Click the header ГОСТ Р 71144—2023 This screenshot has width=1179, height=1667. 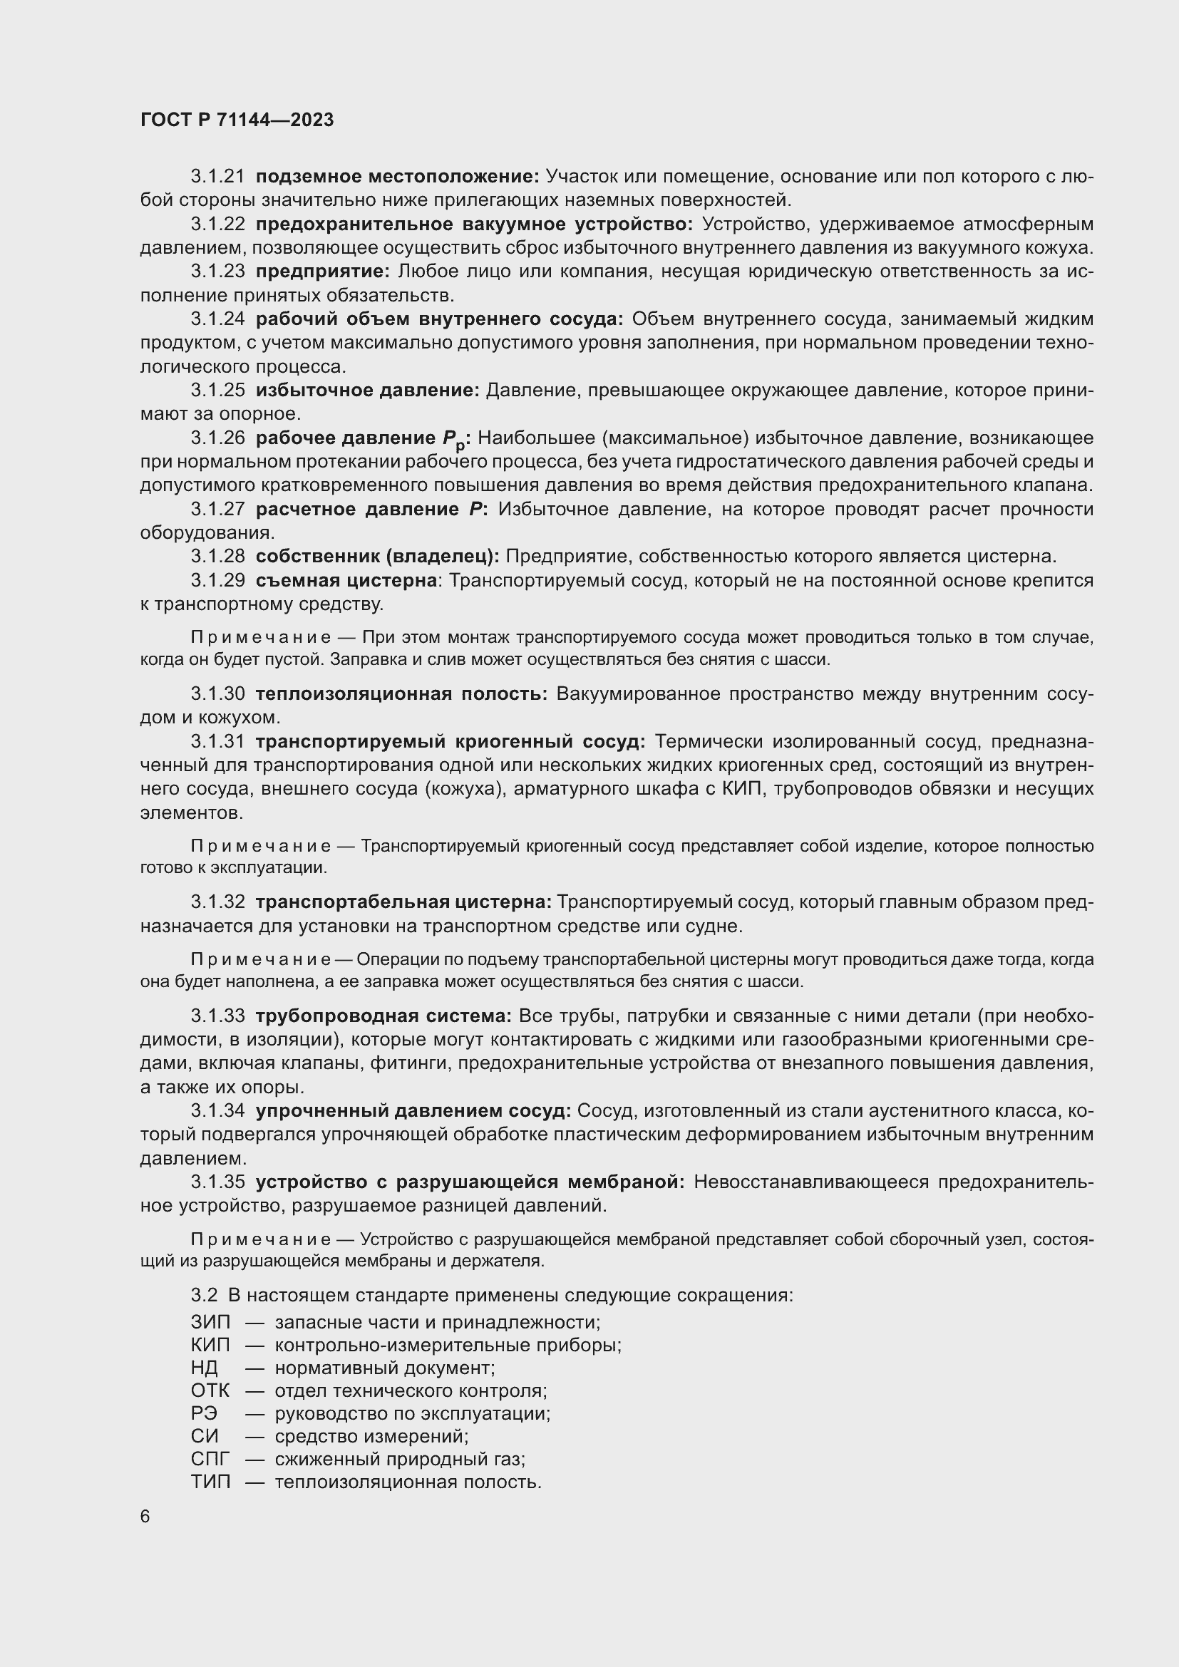pyautogui.click(x=237, y=120)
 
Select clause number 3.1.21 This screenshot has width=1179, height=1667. pyautogui.click(x=218, y=177)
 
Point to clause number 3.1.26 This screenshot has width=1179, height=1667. pyautogui.click(x=218, y=438)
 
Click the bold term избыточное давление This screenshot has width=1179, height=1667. pyautogui.click(x=367, y=391)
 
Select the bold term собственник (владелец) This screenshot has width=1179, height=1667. pyautogui.click(x=378, y=556)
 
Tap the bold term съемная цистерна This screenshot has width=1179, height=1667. pyautogui.click(x=346, y=580)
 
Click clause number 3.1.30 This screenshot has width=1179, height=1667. pyautogui.click(x=218, y=693)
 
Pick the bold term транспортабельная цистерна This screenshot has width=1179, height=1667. pyautogui.click(x=403, y=902)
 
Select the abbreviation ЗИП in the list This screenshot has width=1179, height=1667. pyautogui.click(x=210, y=1322)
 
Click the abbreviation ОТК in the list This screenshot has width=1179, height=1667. pyautogui.click(x=210, y=1390)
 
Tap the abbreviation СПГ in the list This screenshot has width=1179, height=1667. pyautogui.click(x=210, y=1459)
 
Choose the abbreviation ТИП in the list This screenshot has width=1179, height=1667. pyautogui.click(x=210, y=1482)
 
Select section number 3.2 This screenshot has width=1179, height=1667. pyautogui.click(x=204, y=1295)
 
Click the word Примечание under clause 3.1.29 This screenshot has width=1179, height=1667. pyautogui.click(x=261, y=637)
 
